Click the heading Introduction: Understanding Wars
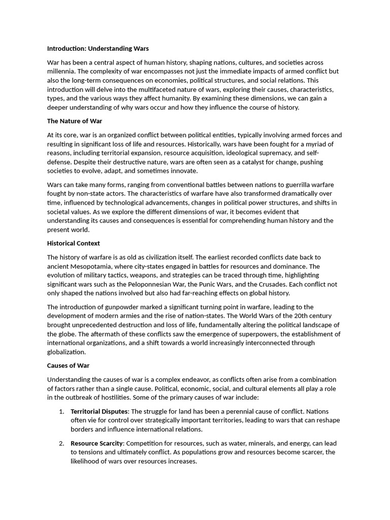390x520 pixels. click(98, 49)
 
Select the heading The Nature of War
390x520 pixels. click(75, 121)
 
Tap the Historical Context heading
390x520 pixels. click(74, 243)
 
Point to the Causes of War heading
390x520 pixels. click(68, 366)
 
